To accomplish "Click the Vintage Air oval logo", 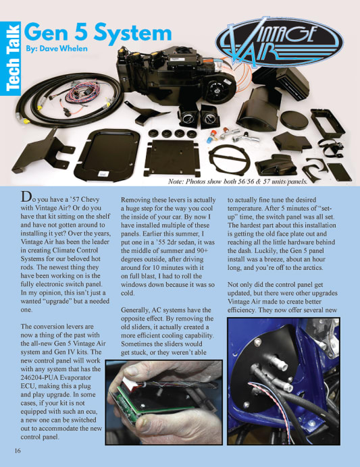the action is (x=279, y=43).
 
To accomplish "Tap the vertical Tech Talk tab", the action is (x=10, y=58).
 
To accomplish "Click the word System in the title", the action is (x=132, y=33).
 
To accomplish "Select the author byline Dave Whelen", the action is (x=57, y=49).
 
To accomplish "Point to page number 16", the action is (x=18, y=451).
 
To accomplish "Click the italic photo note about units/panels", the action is (x=238, y=182).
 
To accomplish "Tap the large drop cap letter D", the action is (x=26, y=197).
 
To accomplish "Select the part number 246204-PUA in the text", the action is (x=38, y=377).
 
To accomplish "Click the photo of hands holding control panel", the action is (x=164, y=402).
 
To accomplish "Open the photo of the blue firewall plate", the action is (x=284, y=381).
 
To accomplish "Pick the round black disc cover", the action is (x=294, y=119).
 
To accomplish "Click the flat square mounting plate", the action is (x=172, y=157).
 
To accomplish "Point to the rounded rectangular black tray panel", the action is (x=107, y=155).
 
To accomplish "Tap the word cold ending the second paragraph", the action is (x=128, y=293).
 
